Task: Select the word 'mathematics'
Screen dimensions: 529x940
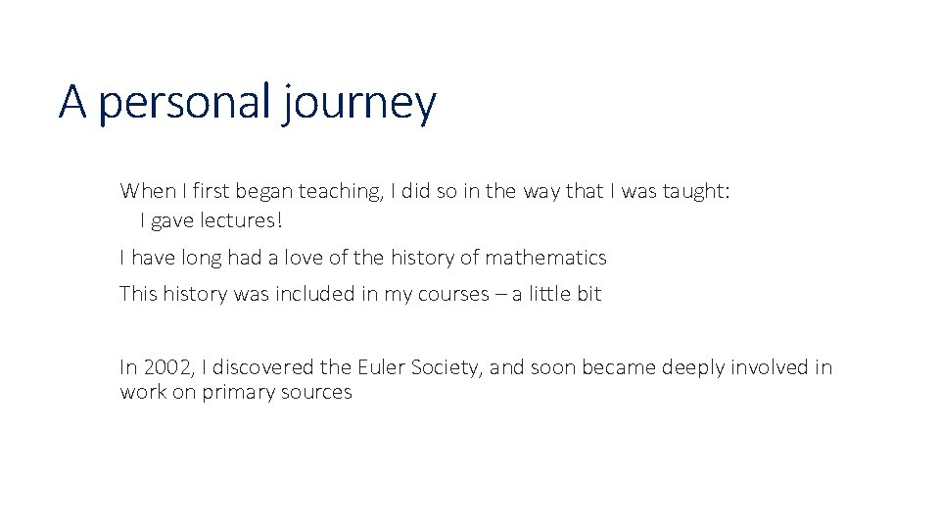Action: coord(546,258)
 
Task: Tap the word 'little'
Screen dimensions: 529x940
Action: coord(552,294)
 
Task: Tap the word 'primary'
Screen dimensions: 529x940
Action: coord(235,393)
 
